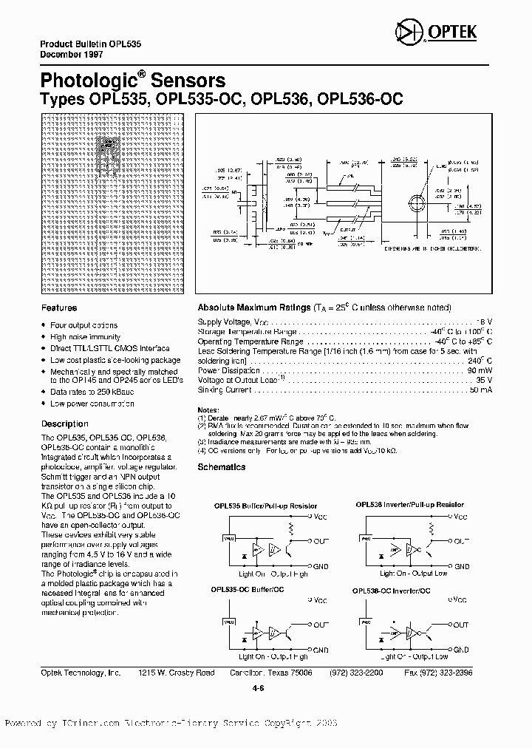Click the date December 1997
69,55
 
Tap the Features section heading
59,307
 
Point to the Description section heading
64,424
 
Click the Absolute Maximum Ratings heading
253,307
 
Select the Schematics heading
222,467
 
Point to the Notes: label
209,409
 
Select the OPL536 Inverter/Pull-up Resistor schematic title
410,505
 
